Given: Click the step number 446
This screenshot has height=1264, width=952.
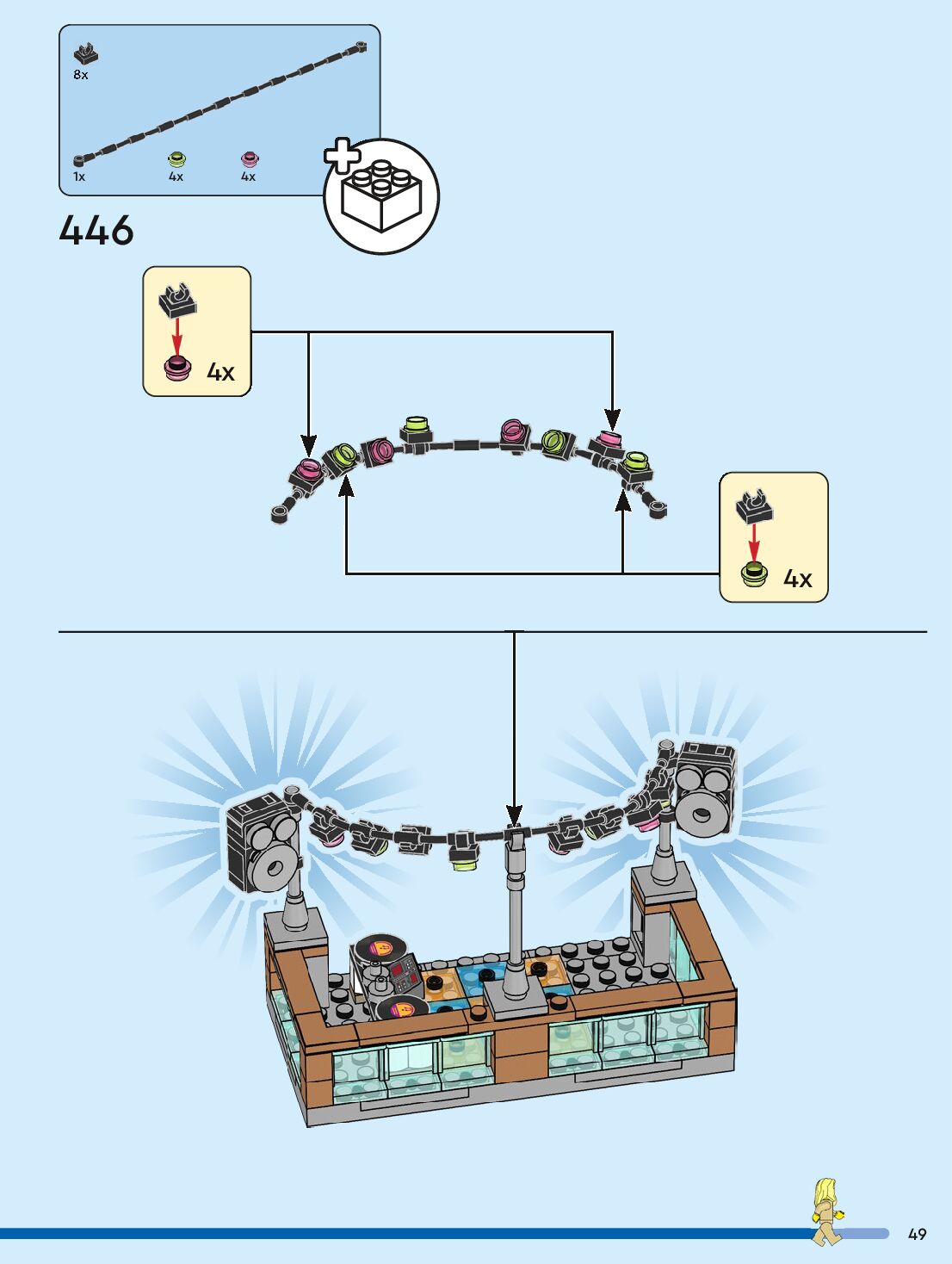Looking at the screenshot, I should point(96,231).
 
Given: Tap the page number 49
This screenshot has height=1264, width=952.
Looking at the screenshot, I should point(917,1234).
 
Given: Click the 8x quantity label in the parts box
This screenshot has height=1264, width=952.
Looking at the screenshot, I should point(81,75).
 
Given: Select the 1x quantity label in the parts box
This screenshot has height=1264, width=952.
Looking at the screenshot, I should point(79,177).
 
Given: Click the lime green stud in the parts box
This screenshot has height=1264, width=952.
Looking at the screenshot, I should point(176,158).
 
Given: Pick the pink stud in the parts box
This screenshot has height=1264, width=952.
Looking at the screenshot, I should point(250,158).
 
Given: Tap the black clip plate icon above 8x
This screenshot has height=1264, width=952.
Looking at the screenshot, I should point(85,54).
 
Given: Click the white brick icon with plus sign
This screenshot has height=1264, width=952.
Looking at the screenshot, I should point(380,195).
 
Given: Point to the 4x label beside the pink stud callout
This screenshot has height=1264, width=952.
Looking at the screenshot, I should point(220,372).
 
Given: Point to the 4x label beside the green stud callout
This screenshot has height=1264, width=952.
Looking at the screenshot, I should point(797,579).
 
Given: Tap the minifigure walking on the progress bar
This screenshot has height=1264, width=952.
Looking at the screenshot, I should point(826,1211).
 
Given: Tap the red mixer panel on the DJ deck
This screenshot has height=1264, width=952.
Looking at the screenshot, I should point(403,975).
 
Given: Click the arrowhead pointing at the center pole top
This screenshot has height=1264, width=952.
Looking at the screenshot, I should point(514,815).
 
